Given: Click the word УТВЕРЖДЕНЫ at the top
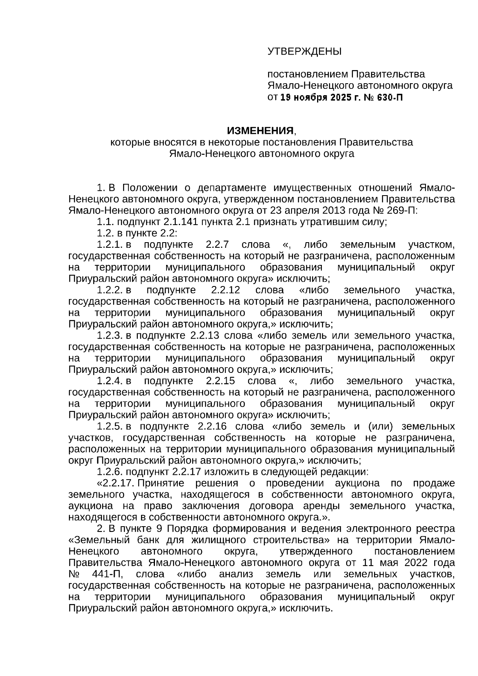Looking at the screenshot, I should [x=304, y=51].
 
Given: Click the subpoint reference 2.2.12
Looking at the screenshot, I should [x=225, y=290].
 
